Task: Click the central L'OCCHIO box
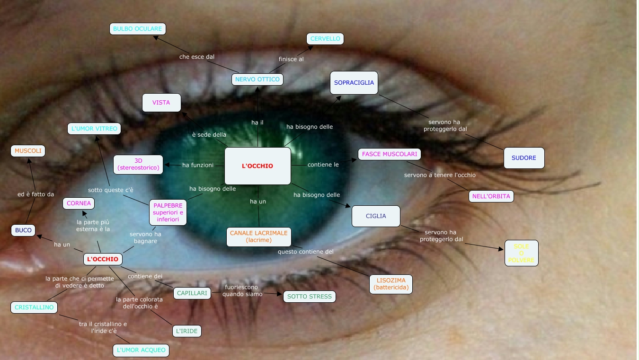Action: (257, 166)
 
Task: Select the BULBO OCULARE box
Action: (137, 29)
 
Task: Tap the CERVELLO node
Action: (325, 39)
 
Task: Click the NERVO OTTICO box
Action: (257, 79)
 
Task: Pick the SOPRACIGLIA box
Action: (354, 83)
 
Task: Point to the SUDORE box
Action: (524, 158)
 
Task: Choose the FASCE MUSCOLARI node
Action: (390, 154)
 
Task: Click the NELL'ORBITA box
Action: (491, 196)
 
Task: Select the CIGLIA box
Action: (376, 216)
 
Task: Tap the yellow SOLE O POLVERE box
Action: (521, 253)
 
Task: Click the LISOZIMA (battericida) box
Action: (391, 284)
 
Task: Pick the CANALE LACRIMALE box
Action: (258, 237)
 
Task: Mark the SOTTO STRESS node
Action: (310, 297)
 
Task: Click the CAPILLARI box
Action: (192, 293)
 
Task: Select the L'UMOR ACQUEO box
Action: (141, 350)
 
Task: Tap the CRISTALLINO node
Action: (34, 307)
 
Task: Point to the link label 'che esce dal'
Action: (197, 57)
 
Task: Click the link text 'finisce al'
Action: (291, 59)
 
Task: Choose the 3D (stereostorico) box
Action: (138, 164)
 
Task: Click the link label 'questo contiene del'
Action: (306, 252)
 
